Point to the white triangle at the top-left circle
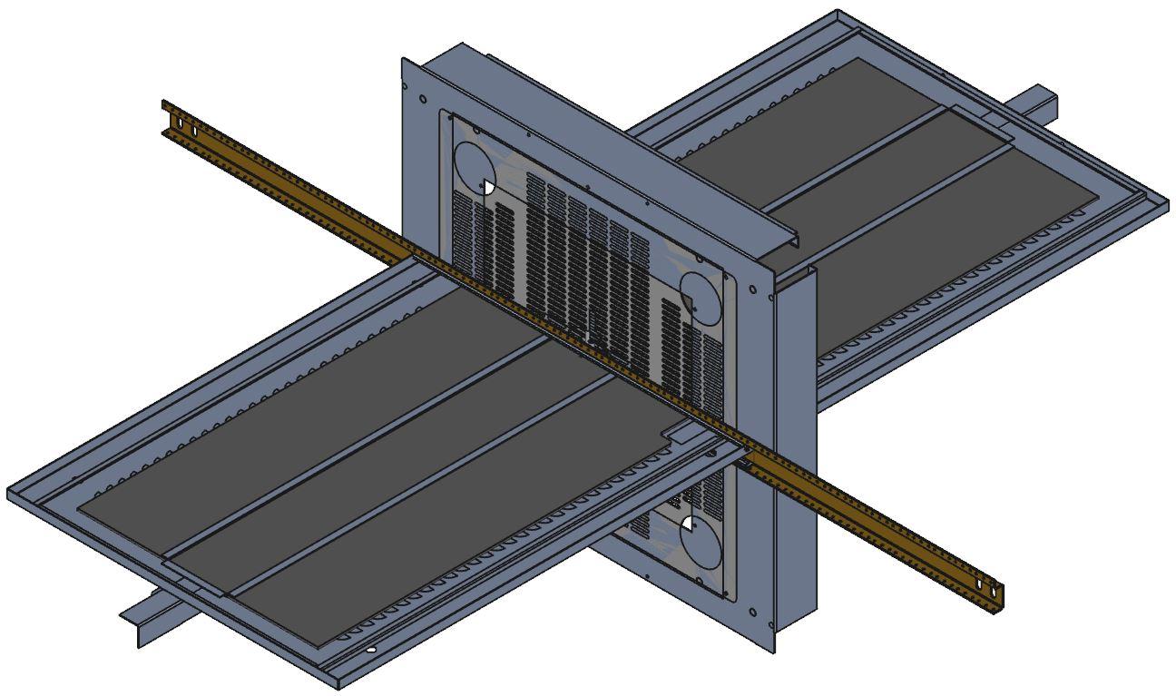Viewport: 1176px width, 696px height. click(x=487, y=187)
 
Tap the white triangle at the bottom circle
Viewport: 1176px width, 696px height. click(x=689, y=524)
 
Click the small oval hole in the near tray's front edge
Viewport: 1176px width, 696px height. click(x=370, y=651)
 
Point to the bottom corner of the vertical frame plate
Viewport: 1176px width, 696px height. click(x=774, y=650)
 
